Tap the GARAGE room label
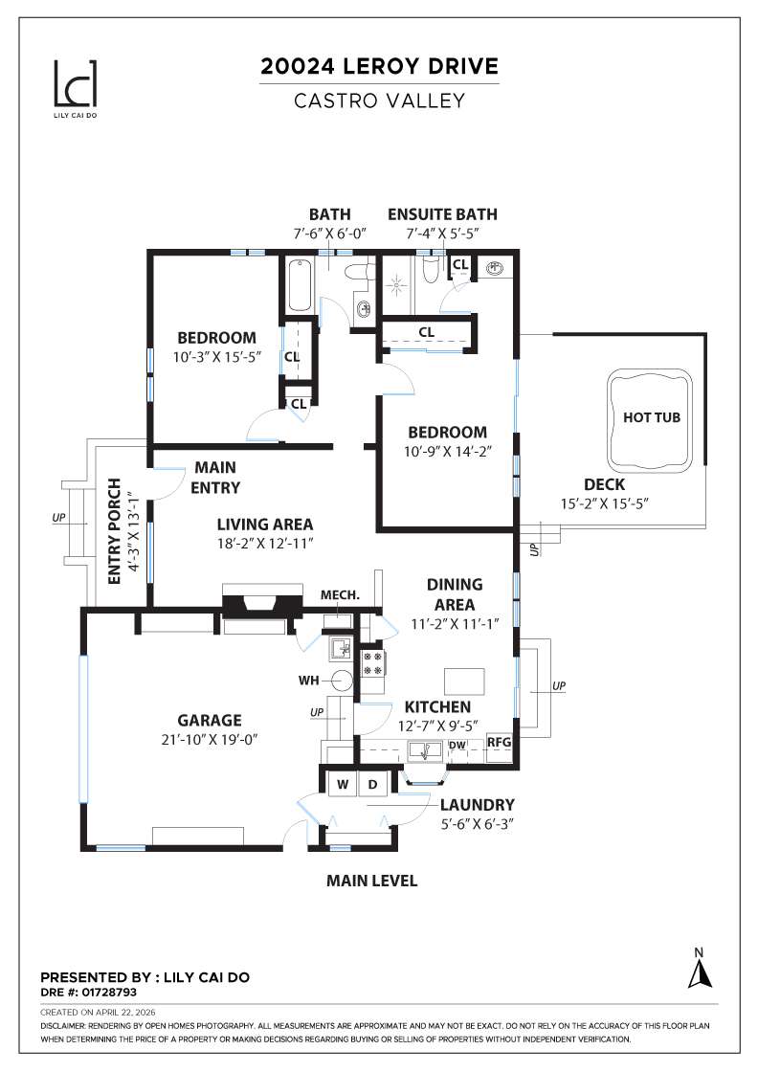(209, 720)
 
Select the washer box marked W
(342, 784)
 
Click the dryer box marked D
(373, 784)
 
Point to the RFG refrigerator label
(499, 742)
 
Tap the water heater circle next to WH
(342, 681)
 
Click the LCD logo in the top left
(75, 85)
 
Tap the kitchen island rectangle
(464, 681)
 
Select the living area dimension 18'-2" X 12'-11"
(265, 544)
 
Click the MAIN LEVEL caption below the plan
(371, 881)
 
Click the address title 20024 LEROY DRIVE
(380, 67)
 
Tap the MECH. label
(340, 594)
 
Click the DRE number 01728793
(101, 993)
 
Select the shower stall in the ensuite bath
(396, 284)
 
